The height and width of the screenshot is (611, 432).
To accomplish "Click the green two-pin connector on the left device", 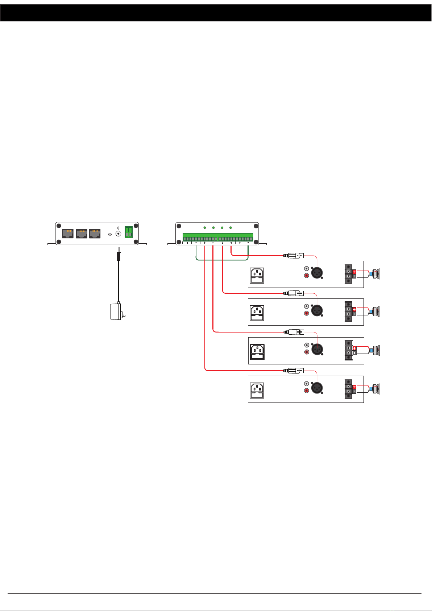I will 128,232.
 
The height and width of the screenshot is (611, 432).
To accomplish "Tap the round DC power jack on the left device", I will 118,234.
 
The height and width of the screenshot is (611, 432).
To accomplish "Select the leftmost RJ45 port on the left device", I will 68,233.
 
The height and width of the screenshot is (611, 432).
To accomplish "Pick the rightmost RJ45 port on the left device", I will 95,233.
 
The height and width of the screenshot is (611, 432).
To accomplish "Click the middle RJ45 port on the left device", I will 82,233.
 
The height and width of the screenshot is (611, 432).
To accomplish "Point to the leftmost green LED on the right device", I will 205,228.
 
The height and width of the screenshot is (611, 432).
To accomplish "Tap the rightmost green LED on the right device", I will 230,228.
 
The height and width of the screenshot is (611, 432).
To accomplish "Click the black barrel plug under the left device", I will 119,255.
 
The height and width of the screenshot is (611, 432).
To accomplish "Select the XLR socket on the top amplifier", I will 317,273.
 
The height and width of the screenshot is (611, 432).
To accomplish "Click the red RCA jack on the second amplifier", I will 307,313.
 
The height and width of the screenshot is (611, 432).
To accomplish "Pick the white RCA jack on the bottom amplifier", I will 307,383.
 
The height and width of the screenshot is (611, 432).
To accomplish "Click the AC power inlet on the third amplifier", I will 257,352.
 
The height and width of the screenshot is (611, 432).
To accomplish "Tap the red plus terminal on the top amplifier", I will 354,271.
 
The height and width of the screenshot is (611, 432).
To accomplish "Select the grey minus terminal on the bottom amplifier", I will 354,392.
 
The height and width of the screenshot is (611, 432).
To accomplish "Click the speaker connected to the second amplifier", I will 375,311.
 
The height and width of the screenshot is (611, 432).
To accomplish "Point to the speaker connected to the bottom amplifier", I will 375,389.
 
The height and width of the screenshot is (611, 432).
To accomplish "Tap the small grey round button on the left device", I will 110,235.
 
